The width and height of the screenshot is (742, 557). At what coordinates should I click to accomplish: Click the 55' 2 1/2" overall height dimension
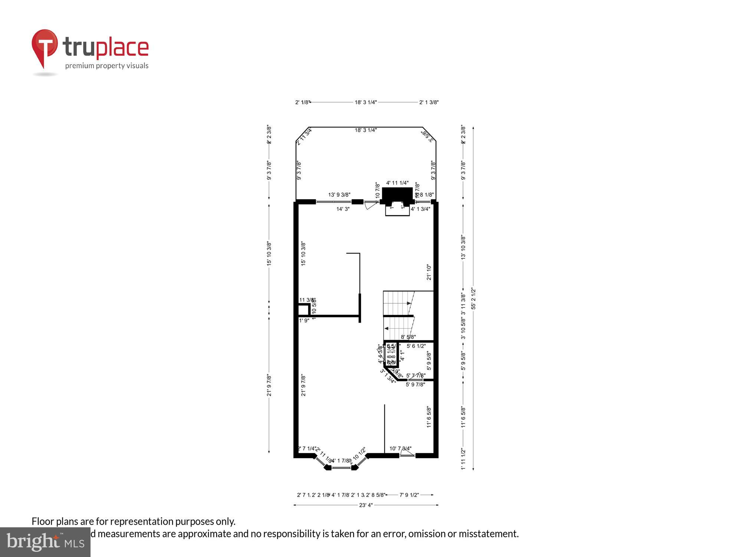(x=473, y=298)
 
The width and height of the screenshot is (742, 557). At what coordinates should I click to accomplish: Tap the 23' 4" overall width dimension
(x=365, y=505)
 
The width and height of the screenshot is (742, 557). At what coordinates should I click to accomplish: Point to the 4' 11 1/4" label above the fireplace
(x=397, y=183)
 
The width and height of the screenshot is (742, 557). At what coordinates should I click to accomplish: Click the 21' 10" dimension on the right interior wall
(x=429, y=272)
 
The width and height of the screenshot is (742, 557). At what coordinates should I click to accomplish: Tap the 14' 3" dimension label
(x=343, y=209)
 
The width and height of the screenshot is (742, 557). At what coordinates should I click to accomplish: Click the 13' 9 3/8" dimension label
(x=339, y=195)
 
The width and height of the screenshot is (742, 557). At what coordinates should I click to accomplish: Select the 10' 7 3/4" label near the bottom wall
(x=400, y=449)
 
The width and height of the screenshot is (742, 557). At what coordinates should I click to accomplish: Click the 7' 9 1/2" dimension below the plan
(x=409, y=495)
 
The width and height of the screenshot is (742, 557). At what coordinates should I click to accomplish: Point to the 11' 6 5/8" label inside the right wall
(x=429, y=417)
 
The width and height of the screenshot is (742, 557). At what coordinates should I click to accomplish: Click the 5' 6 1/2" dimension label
(x=416, y=346)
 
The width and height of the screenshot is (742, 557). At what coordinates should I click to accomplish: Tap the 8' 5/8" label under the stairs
(x=408, y=337)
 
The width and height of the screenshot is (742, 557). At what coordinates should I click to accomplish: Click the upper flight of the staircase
(x=398, y=303)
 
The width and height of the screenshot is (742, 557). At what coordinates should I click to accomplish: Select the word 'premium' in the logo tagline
(x=80, y=66)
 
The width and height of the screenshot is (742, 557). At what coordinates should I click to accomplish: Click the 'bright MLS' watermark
(x=45, y=542)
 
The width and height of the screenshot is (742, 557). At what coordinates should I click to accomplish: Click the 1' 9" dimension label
(x=304, y=320)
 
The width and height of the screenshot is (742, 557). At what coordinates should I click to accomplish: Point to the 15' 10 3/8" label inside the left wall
(x=303, y=254)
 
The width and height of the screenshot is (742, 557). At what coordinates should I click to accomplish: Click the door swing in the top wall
(x=370, y=205)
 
